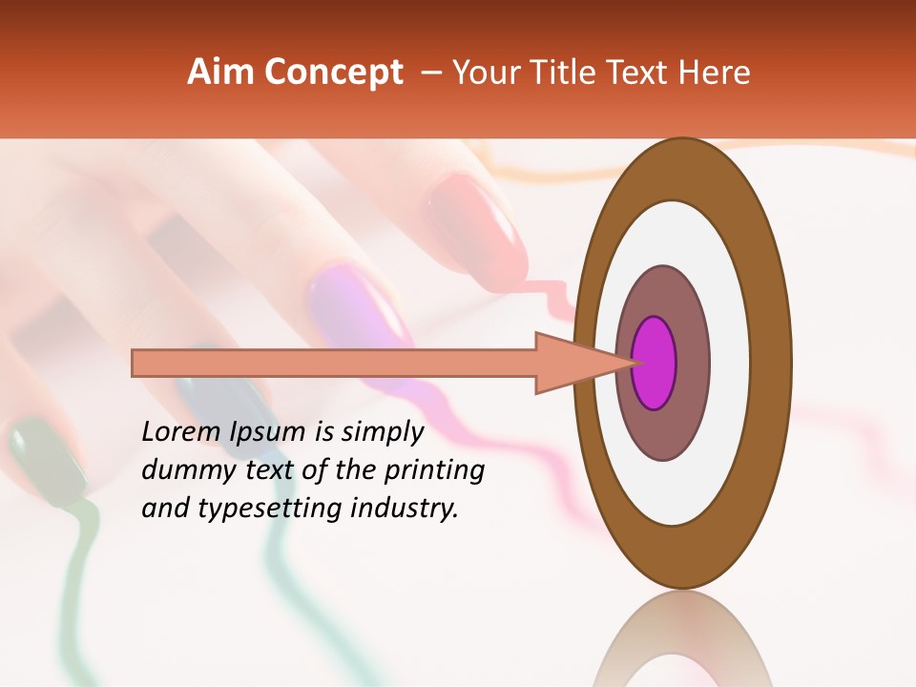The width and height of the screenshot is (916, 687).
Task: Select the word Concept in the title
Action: tap(332, 73)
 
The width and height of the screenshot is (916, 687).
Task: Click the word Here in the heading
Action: tap(716, 73)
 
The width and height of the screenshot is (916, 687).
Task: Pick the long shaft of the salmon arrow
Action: tap(334, 363)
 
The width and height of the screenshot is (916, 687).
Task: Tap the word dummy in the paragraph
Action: tap(182, 469)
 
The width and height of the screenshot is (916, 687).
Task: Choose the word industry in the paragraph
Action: tap(405, 509)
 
